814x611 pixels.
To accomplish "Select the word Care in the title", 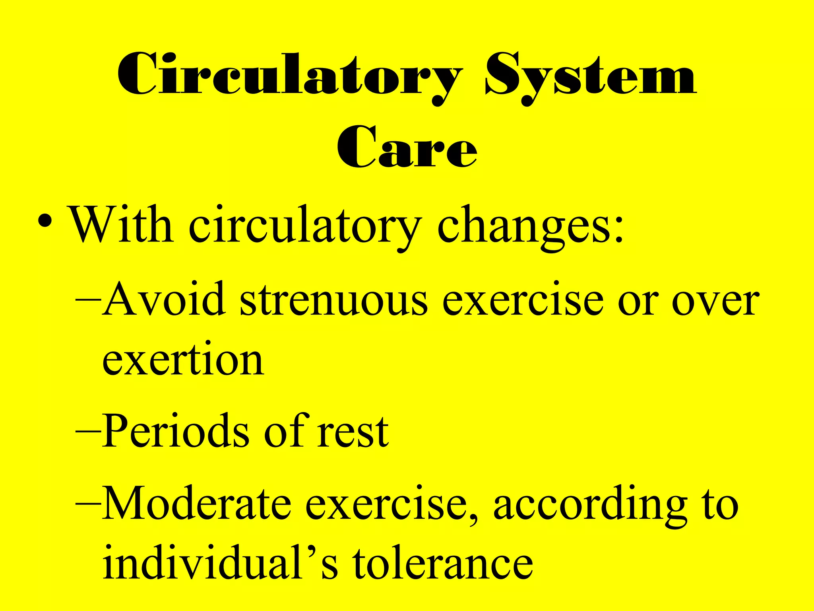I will [406, 147].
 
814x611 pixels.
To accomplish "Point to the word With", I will [121, 225].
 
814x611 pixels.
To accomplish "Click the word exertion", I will [183, 360].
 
